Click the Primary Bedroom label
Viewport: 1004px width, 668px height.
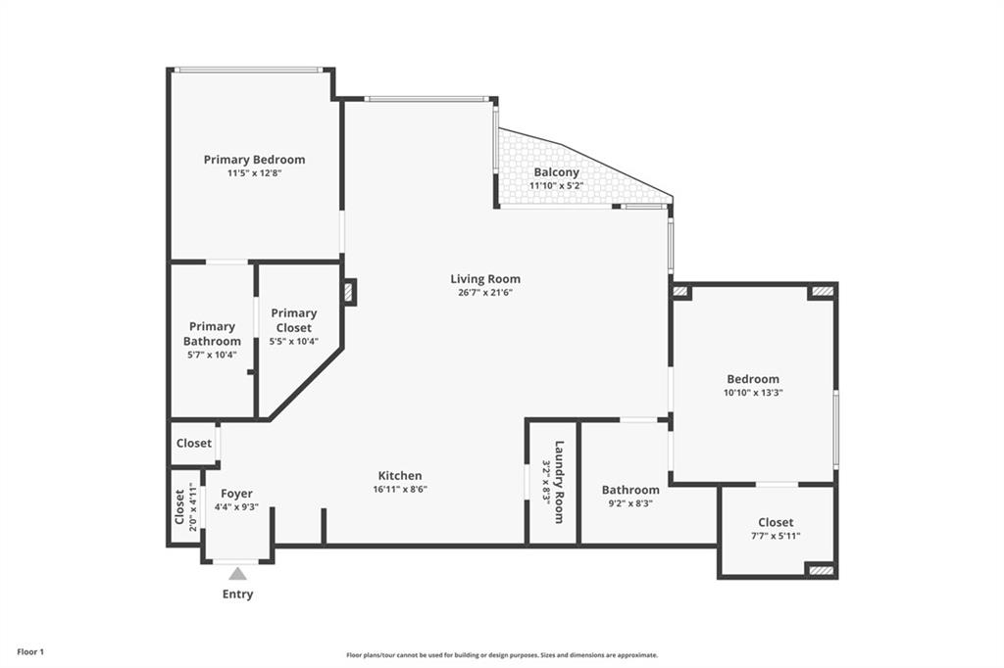(254, 160)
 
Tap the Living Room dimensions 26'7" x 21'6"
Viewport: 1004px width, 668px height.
(485, 292)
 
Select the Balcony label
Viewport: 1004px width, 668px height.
(556, 172)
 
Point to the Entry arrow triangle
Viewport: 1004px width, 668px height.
(237, 574)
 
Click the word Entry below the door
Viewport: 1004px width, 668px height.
(237, 594)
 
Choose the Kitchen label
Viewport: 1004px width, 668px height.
(400, 476)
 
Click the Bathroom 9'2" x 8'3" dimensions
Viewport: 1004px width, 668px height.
(630, 503)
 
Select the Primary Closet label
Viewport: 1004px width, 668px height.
(293, 320)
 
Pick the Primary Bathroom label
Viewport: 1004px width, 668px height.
(212, 334)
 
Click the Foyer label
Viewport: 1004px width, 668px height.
(236, 494)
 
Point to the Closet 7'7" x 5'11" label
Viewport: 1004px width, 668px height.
(776, 522)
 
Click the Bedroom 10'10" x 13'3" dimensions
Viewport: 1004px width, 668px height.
(753, 392)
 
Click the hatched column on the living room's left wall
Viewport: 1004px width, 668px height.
(349, 292)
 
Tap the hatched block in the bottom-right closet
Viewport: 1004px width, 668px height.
(822, 569)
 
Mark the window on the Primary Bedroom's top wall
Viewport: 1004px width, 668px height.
(248, 70)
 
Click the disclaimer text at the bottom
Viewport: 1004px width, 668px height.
(501, 655)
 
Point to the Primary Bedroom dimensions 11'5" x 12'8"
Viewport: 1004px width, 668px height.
(254, 173)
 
